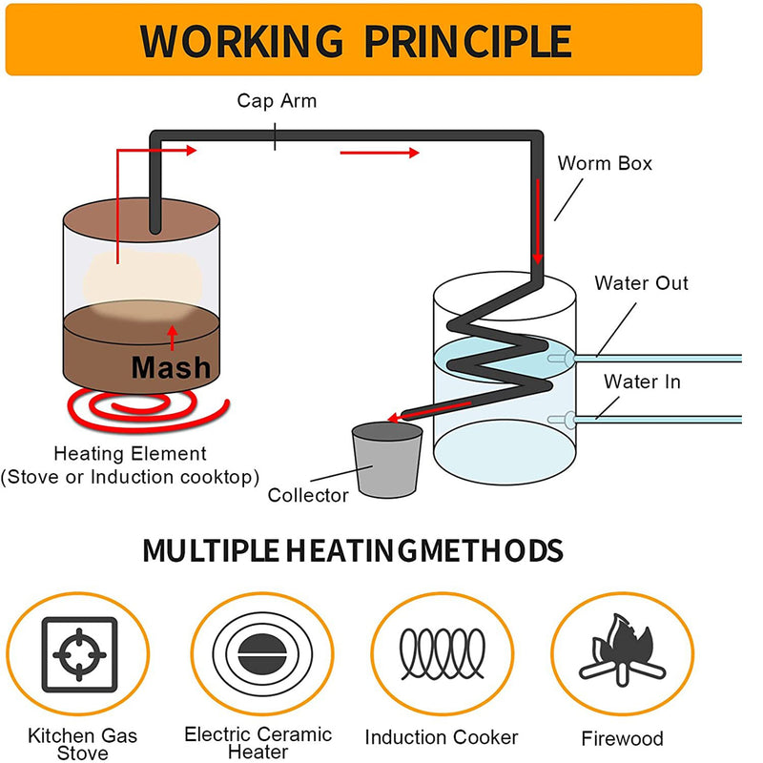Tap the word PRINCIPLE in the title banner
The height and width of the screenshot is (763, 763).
(x=470, y=41)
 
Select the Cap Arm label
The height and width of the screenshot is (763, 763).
(x=277, y=101)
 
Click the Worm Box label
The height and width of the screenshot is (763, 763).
(x=605, y=163)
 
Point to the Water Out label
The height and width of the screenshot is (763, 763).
(x=641, y=283)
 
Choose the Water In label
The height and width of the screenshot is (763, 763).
(x=643, y=382)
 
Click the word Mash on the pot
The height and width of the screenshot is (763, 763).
(x=171, y=366)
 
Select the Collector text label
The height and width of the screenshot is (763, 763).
(x=308, y=495)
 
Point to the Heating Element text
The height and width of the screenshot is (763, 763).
(x=130, y=454)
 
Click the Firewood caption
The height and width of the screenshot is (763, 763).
(x=622, y=739)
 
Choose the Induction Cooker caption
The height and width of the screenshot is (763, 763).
(x=442, y=737)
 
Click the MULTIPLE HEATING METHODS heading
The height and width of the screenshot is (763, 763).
(x=352, y=550)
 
